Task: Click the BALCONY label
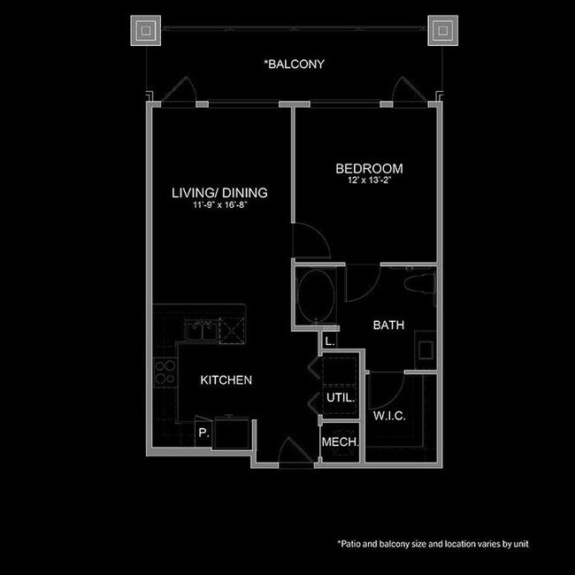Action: coord(295,65)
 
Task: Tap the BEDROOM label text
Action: coord(369,169)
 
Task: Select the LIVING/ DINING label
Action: coord(219,192)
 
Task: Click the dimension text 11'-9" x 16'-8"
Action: coord(219,205)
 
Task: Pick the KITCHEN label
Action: coord(226,380)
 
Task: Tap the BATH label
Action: coord(388,326)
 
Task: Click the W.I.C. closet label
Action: coord(389,416)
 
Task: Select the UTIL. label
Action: coord(340,398)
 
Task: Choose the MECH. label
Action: coord(339,441)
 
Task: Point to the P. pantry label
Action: coord(203,433)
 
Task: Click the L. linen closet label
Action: coord(329,341)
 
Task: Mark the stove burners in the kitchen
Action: coord(164,373)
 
